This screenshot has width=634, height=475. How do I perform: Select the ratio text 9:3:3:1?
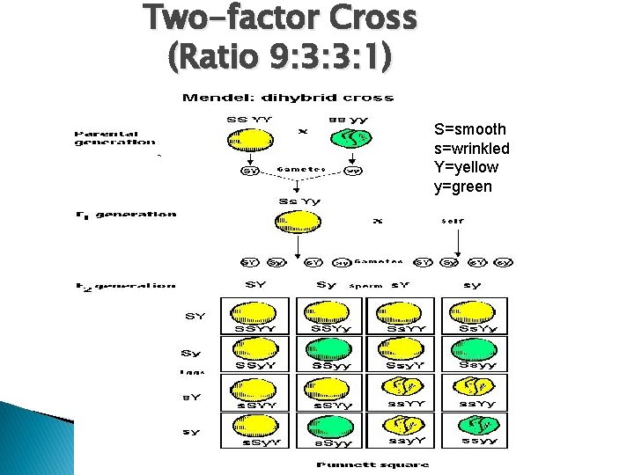(326, 56)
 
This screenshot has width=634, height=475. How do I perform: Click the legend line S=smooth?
(470, 129)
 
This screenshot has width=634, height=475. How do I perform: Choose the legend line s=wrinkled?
(472, 149)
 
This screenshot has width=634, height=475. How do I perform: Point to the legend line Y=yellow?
(466, 167)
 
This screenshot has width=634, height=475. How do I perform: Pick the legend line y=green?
(462, 186)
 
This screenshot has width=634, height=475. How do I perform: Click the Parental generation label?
(115, 137)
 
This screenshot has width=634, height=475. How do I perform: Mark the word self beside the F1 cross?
(452, 221)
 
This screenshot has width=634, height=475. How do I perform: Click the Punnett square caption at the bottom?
(373, 464)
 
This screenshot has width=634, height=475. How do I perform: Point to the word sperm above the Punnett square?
(365, 286)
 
